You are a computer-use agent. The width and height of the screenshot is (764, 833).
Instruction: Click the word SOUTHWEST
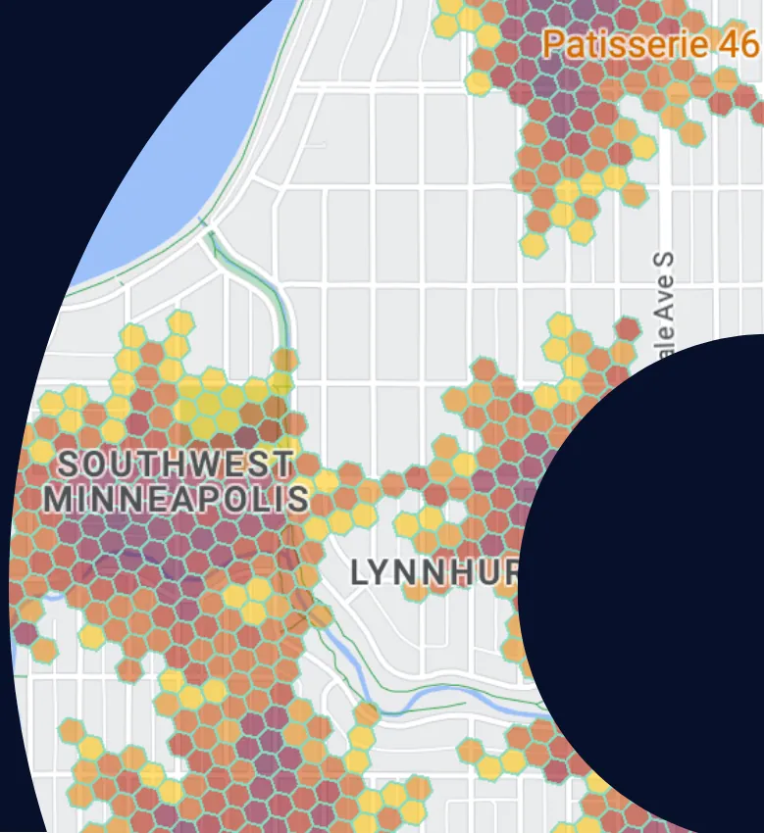(x=176, y=464)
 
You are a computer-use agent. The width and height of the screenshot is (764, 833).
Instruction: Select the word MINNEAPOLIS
(x=176, y=498)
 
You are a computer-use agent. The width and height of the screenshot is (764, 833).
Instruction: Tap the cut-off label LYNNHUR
(x=433, y=573)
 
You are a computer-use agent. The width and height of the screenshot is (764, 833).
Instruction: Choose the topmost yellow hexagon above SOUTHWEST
(x=180, y=322)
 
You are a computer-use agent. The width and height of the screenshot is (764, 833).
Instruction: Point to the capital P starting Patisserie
(x=553, y=44)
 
